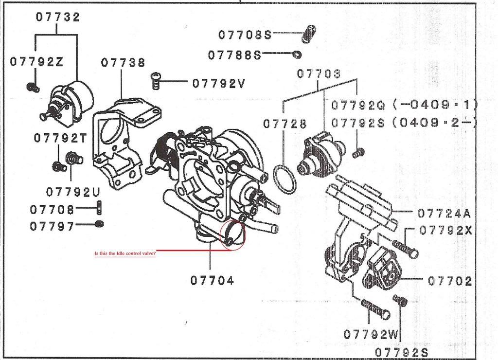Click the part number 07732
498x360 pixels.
[x=58, y=17]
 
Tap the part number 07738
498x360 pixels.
[x=123, y=63]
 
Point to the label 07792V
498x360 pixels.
[x=218, y=83]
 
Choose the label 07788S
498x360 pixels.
[x=234, y=55]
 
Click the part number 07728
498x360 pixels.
[x=285, y=124]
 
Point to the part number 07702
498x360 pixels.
[x=450, y=281]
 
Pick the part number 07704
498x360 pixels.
[x=212, y=280]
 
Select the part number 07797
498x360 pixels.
[x=52, y=226]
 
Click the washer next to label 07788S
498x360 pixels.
[x=297, y=54]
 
